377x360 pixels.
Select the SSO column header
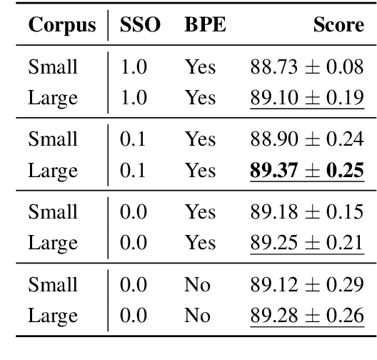coord(140,26)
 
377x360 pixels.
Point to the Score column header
coord(338,26)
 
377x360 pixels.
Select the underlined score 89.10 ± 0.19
coord(307,97)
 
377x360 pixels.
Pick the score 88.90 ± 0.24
coord(307,139)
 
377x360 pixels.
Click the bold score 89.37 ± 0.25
coord(307,170)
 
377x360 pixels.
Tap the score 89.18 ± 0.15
coord(307,212)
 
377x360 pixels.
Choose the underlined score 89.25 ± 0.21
coord(307,243)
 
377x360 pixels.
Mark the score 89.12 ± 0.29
coord(307,285)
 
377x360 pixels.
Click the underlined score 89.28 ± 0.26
coord(307,316)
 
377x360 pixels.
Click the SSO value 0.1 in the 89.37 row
coord(134,170)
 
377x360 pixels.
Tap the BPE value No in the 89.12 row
coord(197,285)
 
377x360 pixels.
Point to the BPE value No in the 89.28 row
coord(197,316)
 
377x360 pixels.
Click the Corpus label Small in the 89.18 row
coord(53,212)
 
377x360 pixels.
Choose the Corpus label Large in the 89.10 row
coord(52,97)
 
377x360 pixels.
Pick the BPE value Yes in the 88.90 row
coord(200,139)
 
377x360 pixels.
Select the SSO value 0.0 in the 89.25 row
coord(134,243)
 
